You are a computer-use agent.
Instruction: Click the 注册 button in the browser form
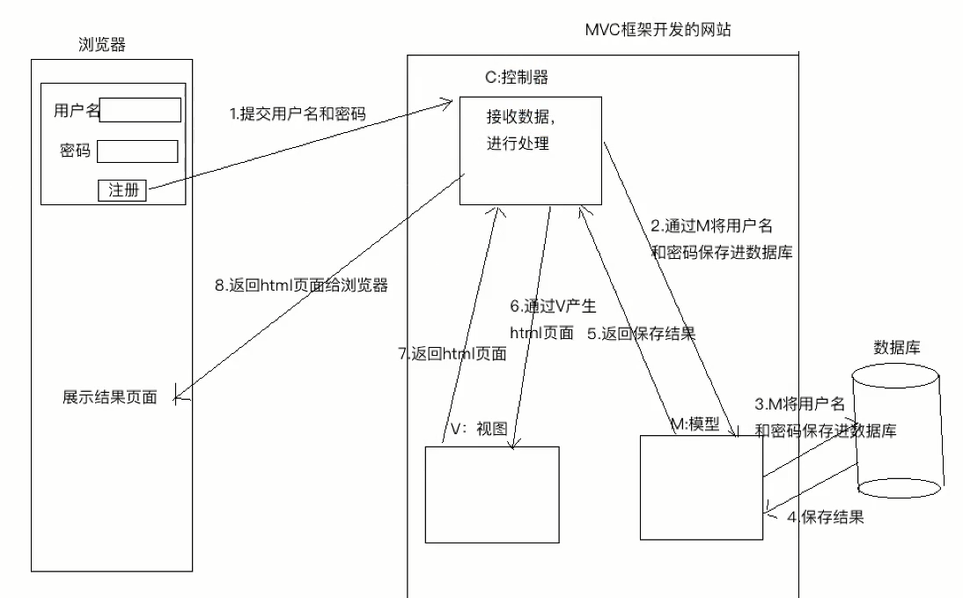[122, 190]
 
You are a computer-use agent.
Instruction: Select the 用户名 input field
[141, 109]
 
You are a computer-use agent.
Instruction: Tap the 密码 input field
[137, 151]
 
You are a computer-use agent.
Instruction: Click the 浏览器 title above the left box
[102, 45]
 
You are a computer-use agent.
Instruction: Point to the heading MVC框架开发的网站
[658, 30]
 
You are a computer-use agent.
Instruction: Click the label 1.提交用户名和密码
[298, 114]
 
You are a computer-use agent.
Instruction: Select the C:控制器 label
[517, 78]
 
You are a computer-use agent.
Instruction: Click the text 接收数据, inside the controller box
[520, 117]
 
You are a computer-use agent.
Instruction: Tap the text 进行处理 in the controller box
[518, 143]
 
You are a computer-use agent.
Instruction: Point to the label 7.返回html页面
[452, 354]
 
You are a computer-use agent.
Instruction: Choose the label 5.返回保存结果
[642, 334]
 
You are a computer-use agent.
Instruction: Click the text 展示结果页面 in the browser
[110, 397]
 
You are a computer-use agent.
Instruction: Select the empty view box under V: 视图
[492, 493]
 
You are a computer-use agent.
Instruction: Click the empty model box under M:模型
[701, 486]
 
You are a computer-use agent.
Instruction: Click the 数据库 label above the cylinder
[897, 347]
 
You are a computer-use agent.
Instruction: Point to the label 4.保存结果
[825, 517]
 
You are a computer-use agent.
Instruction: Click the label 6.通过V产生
[554, 307]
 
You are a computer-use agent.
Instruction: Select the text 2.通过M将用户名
[711, 225]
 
